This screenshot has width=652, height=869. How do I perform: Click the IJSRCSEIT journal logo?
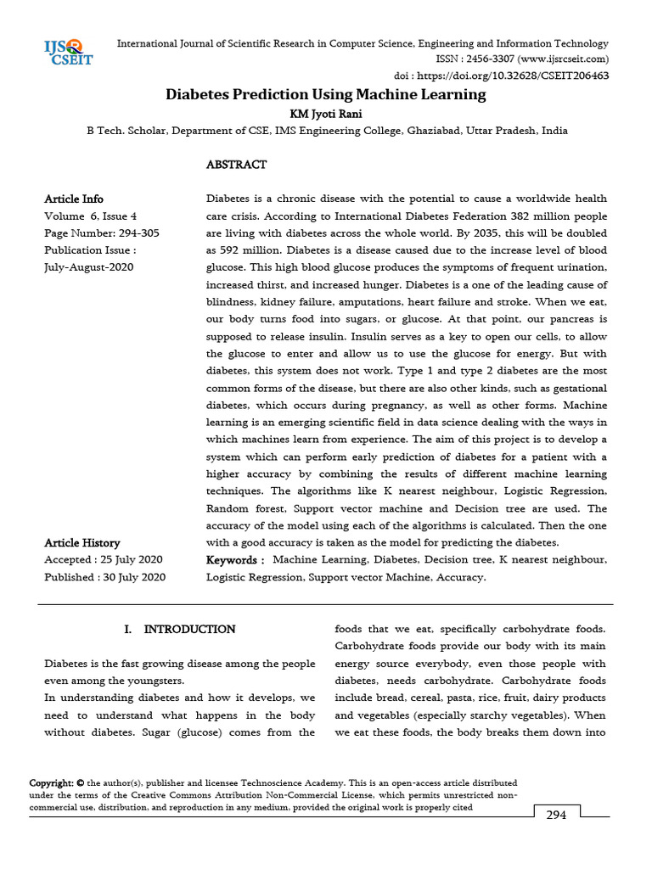tap(69, 52)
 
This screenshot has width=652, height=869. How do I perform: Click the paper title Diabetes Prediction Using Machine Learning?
tap(325, 94)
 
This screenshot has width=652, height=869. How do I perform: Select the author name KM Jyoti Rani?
tap(326, 114)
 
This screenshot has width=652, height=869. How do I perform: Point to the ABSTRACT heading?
tap(236, 165)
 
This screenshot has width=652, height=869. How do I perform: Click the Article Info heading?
tap(74, 199)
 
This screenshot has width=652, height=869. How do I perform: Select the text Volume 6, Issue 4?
tap(90, 216)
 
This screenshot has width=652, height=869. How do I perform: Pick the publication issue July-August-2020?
tap(88, 266)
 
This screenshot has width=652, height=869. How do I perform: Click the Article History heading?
tap(82, 542)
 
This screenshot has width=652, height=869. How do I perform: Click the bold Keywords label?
tap(235, 560)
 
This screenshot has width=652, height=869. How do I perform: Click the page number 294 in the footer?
tap(556, 815)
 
